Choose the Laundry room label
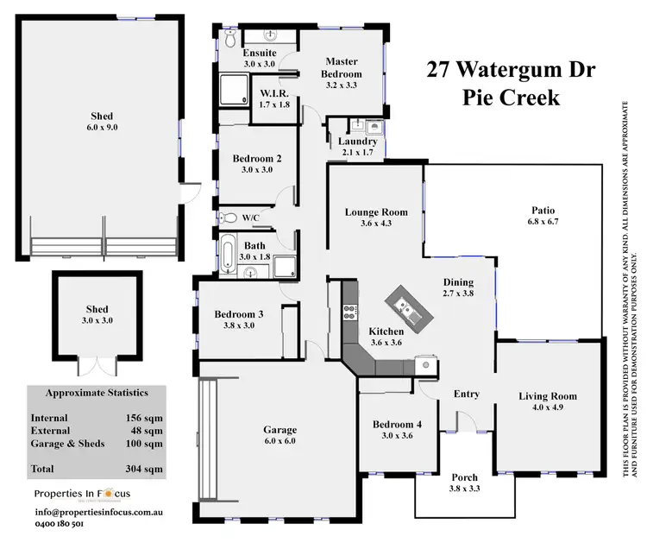pyautogui.click(x=357, y=141)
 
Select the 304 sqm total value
pyautogui.click(x=146, y=470)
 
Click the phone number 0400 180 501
pyautogui.click(x=60, y=523)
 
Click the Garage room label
pyautogui.click(x=280, y=429)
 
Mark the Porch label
pyautogui.click(x=464, y=477)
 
